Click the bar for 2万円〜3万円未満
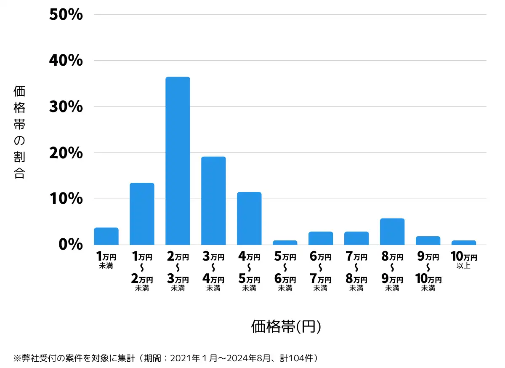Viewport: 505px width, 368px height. tap(178, 161)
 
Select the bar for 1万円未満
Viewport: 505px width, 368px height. tap(106, 236)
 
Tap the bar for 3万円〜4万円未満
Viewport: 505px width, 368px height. tap(213, 200)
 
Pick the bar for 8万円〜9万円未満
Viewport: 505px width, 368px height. tap(392, 232)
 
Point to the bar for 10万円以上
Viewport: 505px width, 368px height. tap(464, 243)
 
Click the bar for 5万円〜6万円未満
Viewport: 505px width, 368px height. tap(285, 243)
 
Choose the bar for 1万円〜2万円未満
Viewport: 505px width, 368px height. tap(142, 214)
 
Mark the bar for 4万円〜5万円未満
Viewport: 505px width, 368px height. tap(249, 219)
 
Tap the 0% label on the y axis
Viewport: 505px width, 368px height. tap(70, 245)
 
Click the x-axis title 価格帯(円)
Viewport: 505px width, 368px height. tap(286, 326)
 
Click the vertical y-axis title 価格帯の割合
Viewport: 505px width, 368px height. tap(19, 132)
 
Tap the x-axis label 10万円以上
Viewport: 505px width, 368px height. tap(464, 260)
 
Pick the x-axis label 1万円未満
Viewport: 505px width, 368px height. tap(106, 260)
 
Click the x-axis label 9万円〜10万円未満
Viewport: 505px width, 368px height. tap(428, 272)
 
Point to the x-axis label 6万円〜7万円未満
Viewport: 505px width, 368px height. tap(321, 272)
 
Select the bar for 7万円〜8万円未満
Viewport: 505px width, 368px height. tap(356, 238)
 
